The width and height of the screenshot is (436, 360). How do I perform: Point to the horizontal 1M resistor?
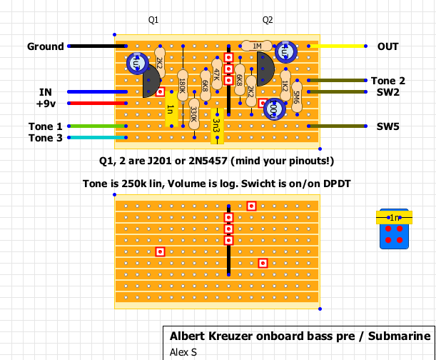pyautogui.click(x=256, y=46)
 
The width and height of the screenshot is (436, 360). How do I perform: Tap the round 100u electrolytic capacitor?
pyautogui.click(x=271, y=109)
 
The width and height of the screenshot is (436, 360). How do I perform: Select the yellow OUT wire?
pyautogui.click(x=341, y=46)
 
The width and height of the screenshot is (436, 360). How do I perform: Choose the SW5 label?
pyautogui.click(x=388, y=126)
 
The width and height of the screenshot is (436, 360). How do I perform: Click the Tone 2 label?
pyautogui.click(x=387, y=81)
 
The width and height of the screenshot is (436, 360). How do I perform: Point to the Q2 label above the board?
pyautogui.click(x=268, y=20)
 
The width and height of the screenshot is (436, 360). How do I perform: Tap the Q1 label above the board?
pyautogui.click(x=153, y=20)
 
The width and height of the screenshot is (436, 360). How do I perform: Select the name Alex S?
pyautogui.click(x=184, y=351)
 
